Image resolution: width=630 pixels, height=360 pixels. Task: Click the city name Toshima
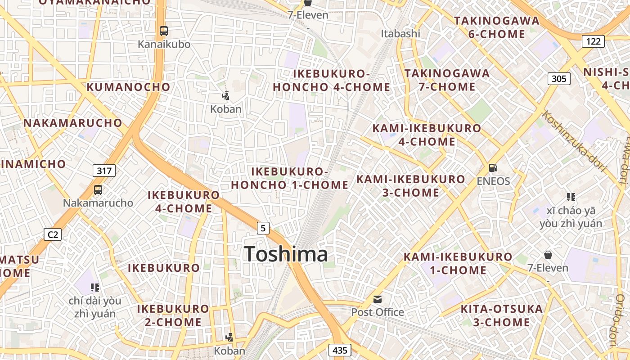tap(286, 254)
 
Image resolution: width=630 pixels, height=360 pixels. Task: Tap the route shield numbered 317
tap(104, 171)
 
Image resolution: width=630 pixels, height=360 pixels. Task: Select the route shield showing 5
tap(263, 228)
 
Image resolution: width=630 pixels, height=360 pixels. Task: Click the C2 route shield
tap(53, 234)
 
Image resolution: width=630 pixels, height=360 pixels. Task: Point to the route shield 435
tap(340, 350)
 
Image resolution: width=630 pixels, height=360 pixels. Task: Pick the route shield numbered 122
tap(593, 41)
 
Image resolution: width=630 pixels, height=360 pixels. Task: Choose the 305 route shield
tap(559, 79)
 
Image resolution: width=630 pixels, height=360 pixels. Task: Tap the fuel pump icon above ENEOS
tap(493, 168)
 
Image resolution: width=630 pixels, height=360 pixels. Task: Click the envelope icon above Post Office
tap(377, 299)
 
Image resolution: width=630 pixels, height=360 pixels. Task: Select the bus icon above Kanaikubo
tap(164, 31)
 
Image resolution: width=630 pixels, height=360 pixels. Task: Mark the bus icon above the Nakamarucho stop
tap(98, 190)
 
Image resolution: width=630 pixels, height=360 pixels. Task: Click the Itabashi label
tap(400, 33)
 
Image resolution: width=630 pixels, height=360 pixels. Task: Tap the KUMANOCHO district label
tap(128, 87)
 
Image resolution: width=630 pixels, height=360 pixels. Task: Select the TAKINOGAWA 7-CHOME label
tap(447, 80)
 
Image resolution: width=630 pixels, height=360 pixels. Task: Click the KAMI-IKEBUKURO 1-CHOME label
tap(458, 263)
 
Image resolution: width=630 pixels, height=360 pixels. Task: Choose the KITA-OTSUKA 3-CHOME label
tap(502, 315)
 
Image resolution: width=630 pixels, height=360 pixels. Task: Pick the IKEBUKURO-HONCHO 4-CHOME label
tap(332, 80)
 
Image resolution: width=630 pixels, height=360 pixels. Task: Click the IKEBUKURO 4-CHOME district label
tap(184, 202)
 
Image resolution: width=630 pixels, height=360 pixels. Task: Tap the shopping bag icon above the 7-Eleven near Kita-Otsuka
tap(548, 255)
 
